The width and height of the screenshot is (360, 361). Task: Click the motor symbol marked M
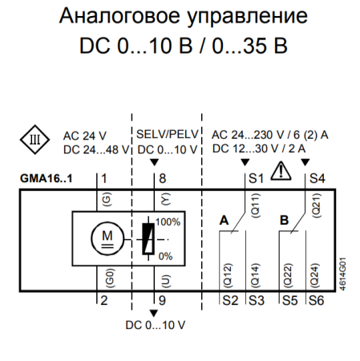107,238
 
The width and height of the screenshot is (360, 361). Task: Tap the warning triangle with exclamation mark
281,170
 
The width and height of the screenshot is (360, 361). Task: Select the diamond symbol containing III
34,140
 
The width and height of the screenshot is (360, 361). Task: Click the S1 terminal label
256,177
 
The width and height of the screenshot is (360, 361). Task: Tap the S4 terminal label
317,177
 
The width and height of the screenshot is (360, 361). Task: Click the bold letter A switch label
224,218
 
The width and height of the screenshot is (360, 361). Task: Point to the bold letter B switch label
284,218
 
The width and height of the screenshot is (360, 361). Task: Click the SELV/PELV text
166,134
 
